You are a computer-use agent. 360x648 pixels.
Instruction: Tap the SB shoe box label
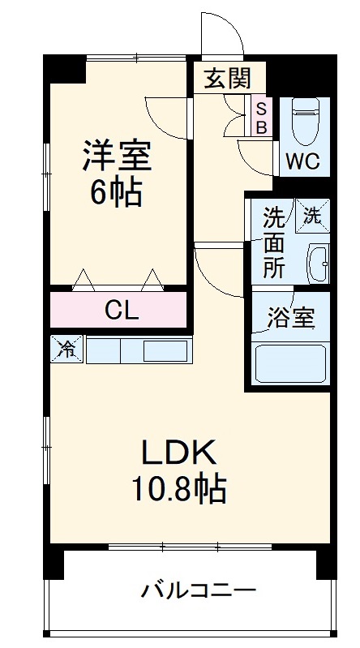pos(261,116)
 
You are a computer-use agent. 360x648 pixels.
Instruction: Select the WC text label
pos(301,161)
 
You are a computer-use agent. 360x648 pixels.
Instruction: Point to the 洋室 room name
pos(116,154)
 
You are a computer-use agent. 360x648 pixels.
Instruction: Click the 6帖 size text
pos(116,192)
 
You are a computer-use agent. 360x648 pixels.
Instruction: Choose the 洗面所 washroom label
pos(273,242)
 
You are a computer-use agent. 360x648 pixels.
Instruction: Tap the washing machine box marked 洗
pos(312,215)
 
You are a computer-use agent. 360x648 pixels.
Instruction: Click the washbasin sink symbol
pos(316,263)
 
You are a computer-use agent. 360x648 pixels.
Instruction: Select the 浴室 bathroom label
pos(291,319)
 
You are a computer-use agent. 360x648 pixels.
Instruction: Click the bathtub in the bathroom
pos(290,363)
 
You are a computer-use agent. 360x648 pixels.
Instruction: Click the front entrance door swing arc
pos(221,32)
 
